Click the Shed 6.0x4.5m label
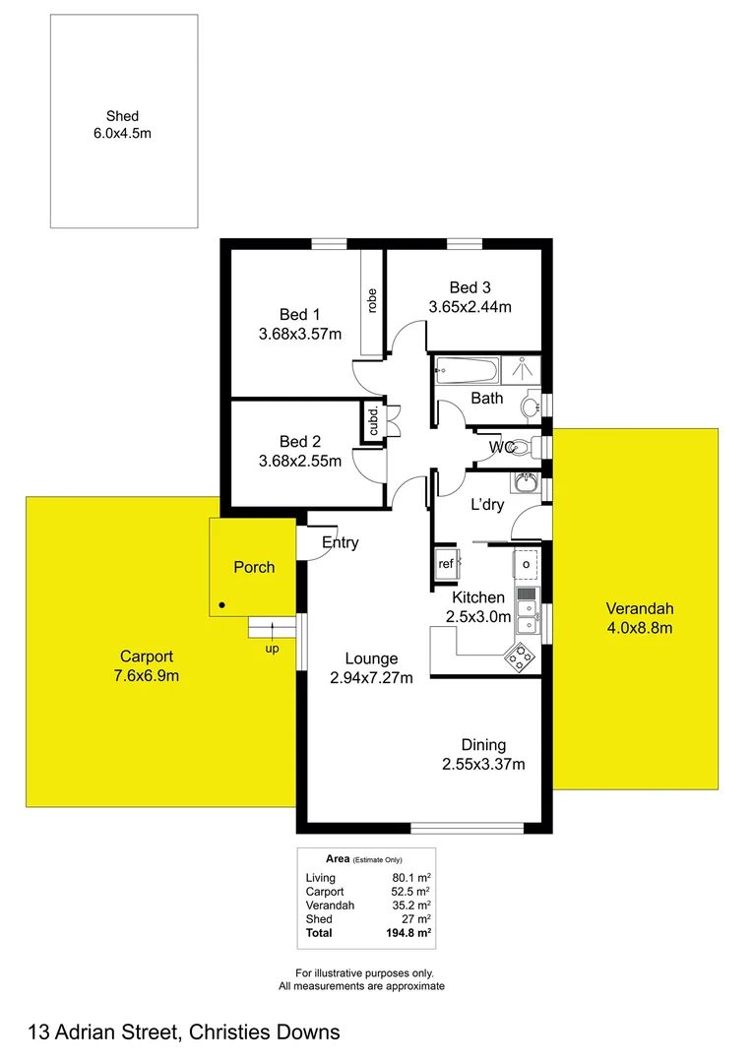(123, 125)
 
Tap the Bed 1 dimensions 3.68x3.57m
(300, 334)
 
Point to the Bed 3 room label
(470, 287)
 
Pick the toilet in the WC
(522, 448)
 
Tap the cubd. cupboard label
(373, 422)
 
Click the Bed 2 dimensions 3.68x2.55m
(300, 461)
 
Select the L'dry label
(487, 505)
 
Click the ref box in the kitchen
(446, 564)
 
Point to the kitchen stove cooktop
(519, 656)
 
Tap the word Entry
(341, 542)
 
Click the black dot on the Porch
(222, 604)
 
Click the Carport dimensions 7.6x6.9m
(147, 675)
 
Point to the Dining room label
(483, 745)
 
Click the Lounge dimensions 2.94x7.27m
(371, 677)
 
